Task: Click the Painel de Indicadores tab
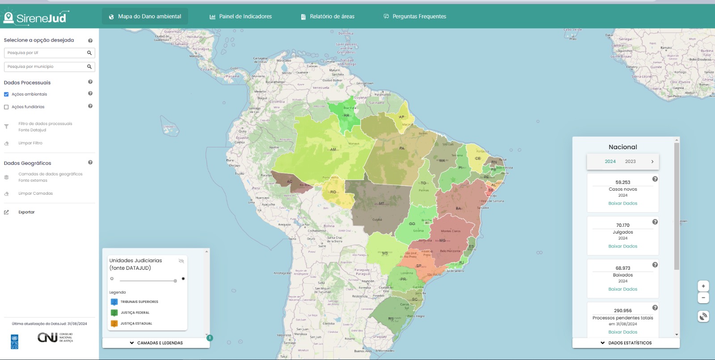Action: [241, 17]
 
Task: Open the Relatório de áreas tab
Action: [328, 17]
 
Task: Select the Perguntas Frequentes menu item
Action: [415, 17]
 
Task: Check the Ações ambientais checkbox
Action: [6, 94]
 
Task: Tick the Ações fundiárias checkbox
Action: [6, 107]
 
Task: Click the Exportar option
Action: [26, 212]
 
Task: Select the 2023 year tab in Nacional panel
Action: [630, 162]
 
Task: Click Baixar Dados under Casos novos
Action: [622, 203]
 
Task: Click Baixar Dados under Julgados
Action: [622, 246]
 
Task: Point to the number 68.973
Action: [622, 268]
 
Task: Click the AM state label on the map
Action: [333, 149]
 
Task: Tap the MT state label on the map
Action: [381, 204]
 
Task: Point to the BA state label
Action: [458, 209]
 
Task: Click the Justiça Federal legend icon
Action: [114, 313]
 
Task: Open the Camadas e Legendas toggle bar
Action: [156, 343]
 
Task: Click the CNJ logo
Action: [47, 337]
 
